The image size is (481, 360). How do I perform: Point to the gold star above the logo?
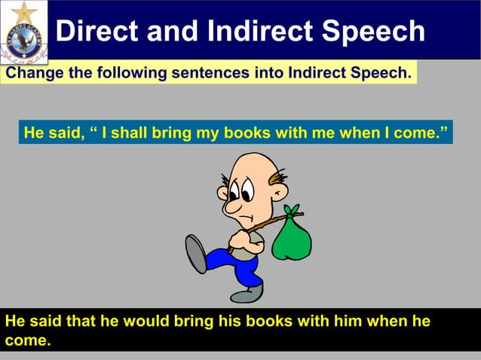tap(25, 11)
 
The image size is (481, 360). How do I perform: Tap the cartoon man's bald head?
tap(248, 169)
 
